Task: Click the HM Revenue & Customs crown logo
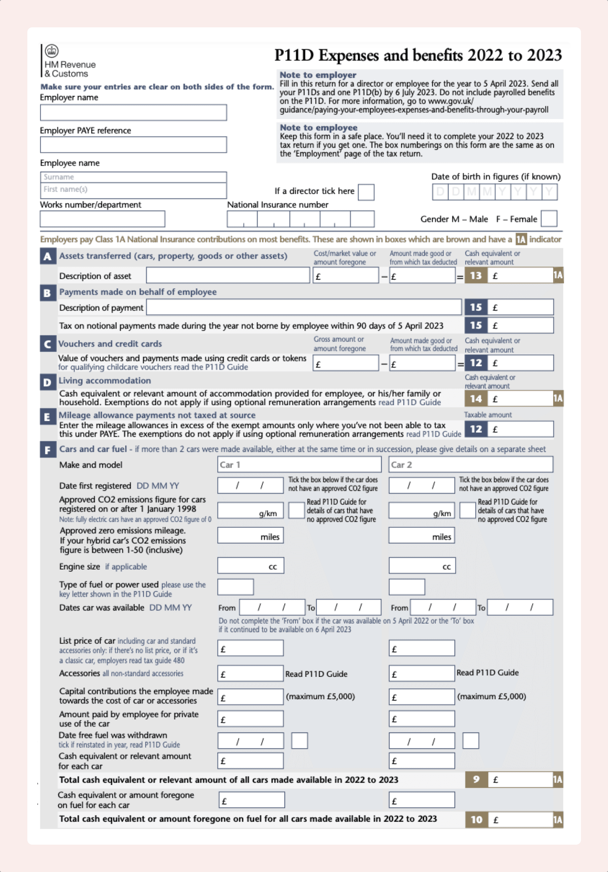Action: tap(52, 50)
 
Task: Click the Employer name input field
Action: tap(133, 112)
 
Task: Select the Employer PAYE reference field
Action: tap(133, 145)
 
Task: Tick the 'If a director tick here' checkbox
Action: tap(366, 192)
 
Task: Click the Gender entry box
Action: tap(549, 218)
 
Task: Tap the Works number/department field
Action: tap(102, 219)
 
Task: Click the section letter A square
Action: tap(48, 256)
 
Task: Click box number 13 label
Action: tap(476, 276)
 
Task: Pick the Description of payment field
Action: tap(304, 307)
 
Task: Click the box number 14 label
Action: tap(476, 398)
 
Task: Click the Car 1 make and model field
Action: tap(299, 464)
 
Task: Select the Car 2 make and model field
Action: tap(471, 464)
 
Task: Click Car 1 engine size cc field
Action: tap(250, 566)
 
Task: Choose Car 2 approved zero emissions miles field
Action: tap(421, 536)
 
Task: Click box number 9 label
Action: tap(476, 780)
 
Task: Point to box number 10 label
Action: tap(476, 820)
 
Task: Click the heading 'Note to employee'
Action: tap(318, 128)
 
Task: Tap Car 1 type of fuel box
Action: tap(235, 587)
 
